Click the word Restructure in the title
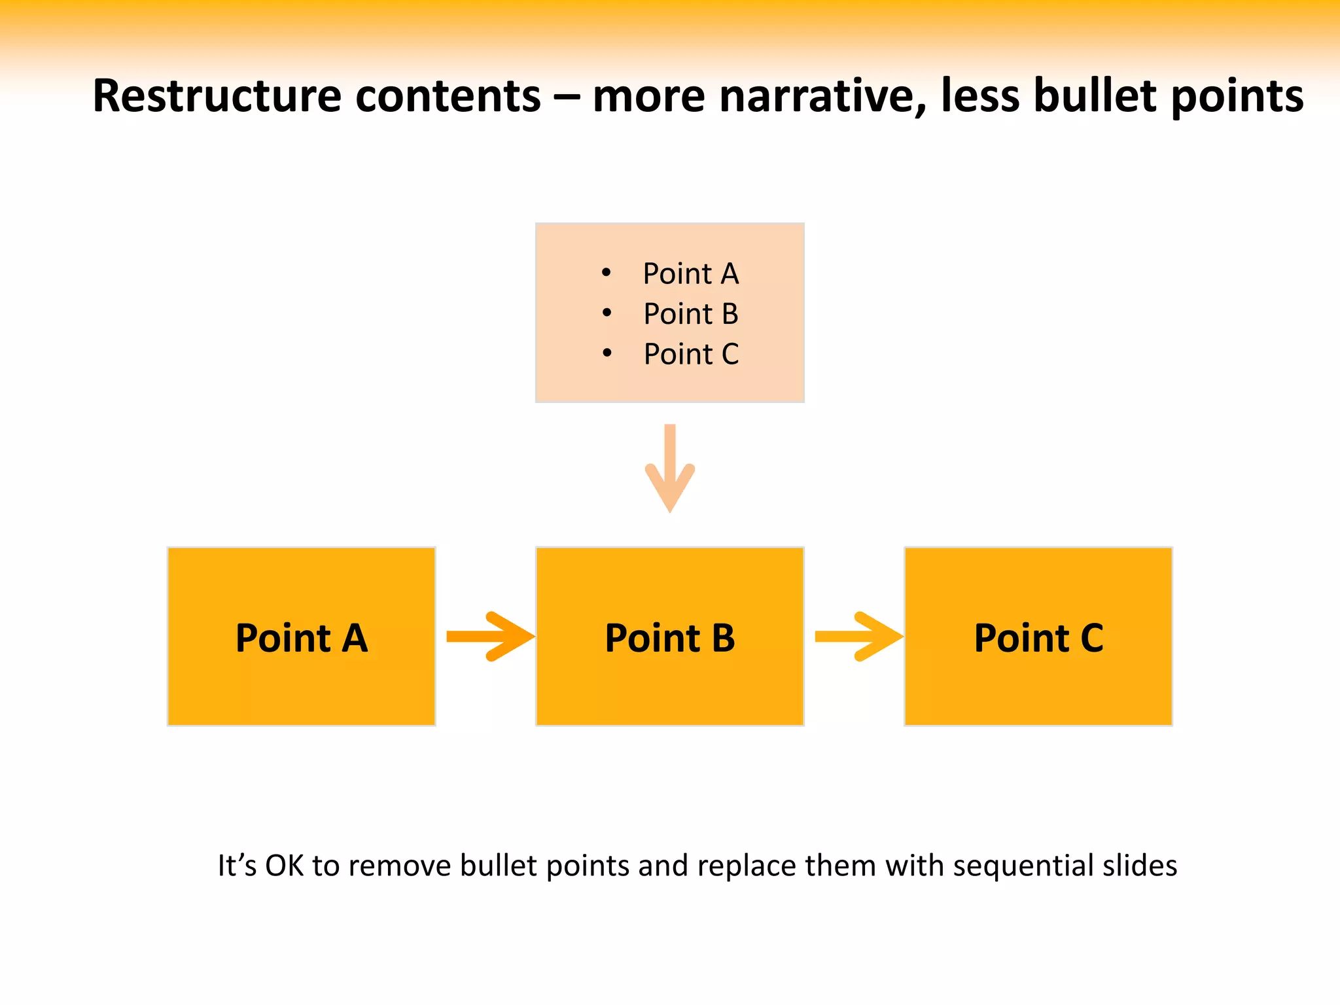(x=217, y=96)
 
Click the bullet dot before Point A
(x=607, y=273)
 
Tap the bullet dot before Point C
(x=607, y=354)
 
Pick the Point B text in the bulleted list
(x=691, y=314)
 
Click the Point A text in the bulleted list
(x=691, y=273)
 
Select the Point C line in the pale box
(x=691, y=354)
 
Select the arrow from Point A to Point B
(x=490, y=637)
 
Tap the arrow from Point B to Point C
(x=858, y=637)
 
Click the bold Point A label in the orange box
(x=302, y=638)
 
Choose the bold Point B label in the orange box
(x=670, y=638)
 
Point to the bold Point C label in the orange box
(x=1038, y=638)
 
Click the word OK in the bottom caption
(x=284, y=866)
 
